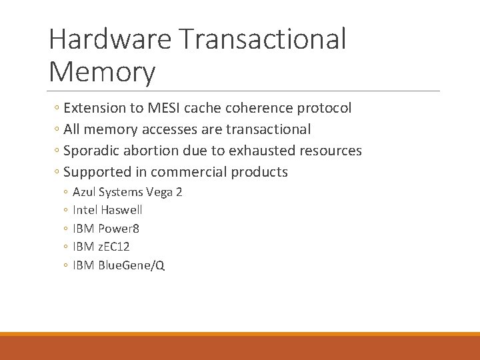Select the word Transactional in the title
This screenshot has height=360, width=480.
point(263,39)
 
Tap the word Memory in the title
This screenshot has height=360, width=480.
point(102,72)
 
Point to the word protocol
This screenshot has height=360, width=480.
point(323,108)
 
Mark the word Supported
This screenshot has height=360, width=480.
point(97,172)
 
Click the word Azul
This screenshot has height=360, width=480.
point(84,192)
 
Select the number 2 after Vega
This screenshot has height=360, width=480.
point(179,192)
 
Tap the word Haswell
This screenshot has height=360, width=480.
point(121,210)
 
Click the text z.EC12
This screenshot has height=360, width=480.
point(114,247)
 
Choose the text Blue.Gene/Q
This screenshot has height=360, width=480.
point(131,265)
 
